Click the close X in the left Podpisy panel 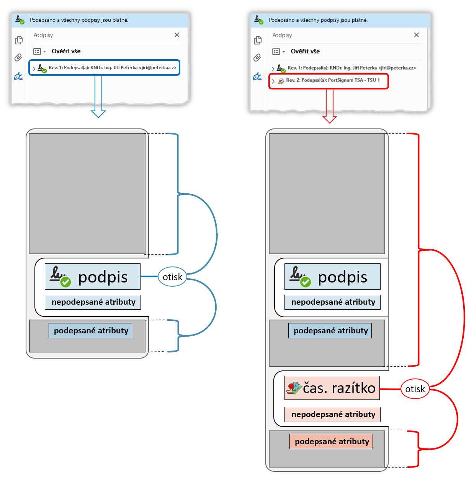tap(177, 35)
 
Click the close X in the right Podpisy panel tap(417, 35)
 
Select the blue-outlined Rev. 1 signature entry tap(104, 68)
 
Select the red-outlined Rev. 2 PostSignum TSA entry tap(329, 81)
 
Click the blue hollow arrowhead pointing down tap(98, 114)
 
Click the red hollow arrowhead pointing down tap(329, 119)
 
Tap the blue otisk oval tap(172, 277)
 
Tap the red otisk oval tap(415, 389)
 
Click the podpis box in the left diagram tap(93, 277)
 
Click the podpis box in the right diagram tap(332, 277)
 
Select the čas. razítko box tap(332, 388)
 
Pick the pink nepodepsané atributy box tap(332, 414)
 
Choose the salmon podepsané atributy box tap(331, 442)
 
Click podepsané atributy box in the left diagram tap(90, 331)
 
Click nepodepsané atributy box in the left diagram tap(93, 302)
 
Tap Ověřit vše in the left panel tap(66, 51)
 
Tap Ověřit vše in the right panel tap(305, 51)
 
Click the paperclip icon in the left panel tap(18, 58)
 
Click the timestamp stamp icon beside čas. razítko tap(294, 388)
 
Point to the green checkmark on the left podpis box tap(66, 282)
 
